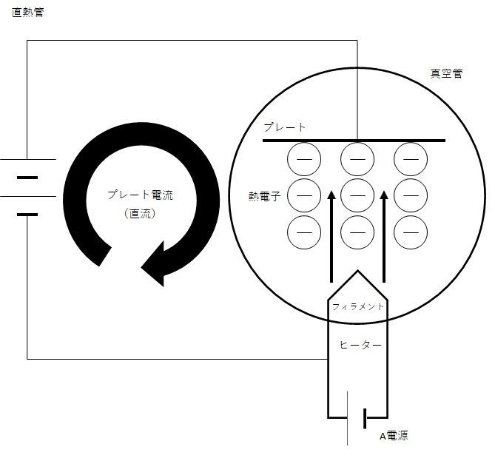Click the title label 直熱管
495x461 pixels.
pos(28,13)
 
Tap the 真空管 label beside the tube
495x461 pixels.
pos(446,73)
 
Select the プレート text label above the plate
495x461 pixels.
pos(285,127)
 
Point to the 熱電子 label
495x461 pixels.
pos(265,196)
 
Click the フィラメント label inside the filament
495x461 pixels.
pos(357,306)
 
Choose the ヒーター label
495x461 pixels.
pos(360,345)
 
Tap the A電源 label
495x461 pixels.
pos(394,436)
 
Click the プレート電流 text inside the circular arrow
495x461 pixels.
pos(141,195)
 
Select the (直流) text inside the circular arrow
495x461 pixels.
pos(140,214)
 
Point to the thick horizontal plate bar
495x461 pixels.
pos(354,141)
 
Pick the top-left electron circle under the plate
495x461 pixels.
pos(304,159)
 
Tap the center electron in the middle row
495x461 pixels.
pos(357,195)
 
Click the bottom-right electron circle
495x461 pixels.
pos(411,232)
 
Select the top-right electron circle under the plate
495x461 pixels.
pos(411,159)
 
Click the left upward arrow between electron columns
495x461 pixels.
pos(331,237)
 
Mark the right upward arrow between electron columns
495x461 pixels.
pos(384,237)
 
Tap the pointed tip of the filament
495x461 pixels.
pos(357,271)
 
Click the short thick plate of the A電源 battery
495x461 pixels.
pos(365,419)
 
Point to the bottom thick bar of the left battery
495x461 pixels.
pos(27,215)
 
